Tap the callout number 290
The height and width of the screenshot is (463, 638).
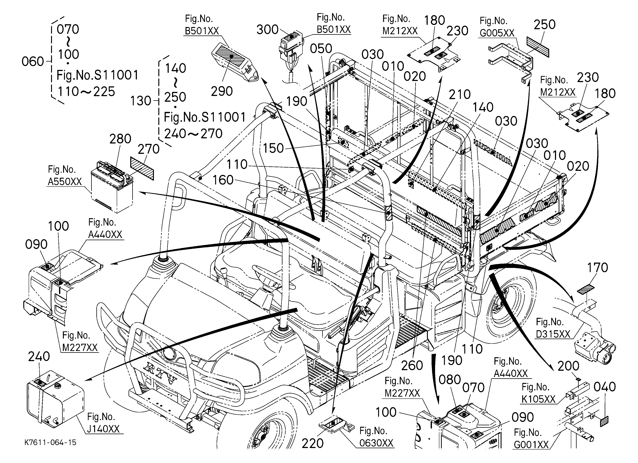222,91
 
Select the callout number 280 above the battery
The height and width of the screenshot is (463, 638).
120,139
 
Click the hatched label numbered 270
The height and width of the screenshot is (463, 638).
142,169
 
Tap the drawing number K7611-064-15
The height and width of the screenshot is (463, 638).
50,442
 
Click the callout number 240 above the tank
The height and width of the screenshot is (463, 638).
39,356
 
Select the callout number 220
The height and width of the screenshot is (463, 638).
313,444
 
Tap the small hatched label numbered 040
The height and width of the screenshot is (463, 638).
604,422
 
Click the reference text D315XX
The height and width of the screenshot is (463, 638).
553,334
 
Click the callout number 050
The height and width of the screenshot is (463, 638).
321,49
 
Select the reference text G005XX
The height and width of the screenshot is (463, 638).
497,33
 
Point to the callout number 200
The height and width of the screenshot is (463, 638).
568,366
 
